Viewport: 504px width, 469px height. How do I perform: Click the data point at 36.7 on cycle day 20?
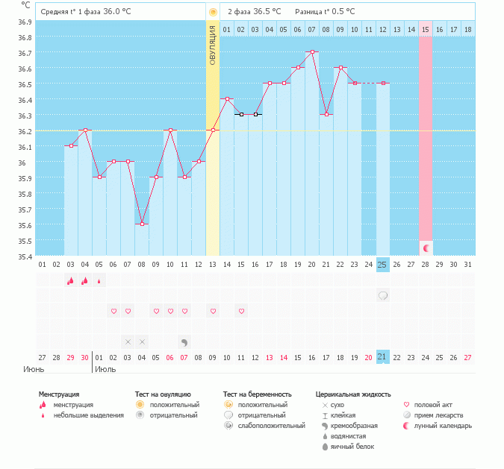point(312,52)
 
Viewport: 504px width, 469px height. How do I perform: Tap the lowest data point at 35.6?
point(142,224)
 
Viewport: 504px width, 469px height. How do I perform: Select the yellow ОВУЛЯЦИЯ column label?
point(213,45)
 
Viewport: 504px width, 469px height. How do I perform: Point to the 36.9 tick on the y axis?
point(25,22)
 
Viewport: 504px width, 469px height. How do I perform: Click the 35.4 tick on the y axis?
point(25,256)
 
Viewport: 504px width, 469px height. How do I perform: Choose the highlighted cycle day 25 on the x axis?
point(382,265)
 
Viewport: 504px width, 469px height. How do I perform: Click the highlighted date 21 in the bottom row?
point(382,357)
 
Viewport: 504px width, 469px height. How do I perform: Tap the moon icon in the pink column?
point(426,248)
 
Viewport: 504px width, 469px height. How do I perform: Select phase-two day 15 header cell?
point(426,29)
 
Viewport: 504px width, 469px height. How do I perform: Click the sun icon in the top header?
point(213,12)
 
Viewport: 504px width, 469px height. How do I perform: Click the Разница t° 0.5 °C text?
point(325,12)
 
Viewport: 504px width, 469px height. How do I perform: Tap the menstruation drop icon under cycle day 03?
point(71,281)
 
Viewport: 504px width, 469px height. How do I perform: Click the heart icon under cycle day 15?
point(241,311)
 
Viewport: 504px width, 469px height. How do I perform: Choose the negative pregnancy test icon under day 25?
point(382,296)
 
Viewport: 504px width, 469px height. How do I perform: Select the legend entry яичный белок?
point(352,447)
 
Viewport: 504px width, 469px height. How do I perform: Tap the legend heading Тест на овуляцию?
point(163,394)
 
